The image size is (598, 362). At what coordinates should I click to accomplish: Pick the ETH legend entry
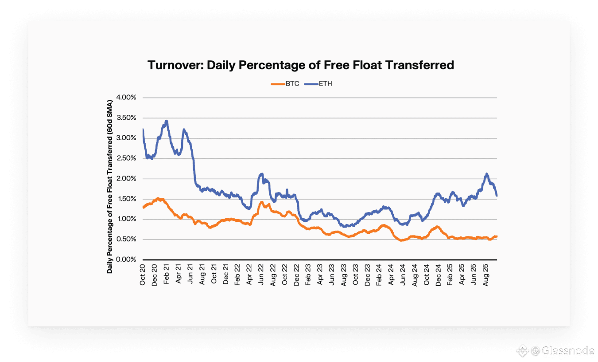(325, 83)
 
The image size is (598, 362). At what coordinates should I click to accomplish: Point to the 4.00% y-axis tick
(126, 98)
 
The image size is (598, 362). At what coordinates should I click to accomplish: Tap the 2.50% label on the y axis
(126, 158)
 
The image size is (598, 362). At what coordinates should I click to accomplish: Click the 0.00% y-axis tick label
(126, 260)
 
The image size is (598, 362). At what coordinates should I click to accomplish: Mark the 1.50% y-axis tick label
(126, 199)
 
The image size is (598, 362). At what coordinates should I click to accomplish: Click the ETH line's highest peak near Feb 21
(166, 121)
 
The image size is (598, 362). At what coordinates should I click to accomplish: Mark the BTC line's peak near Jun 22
(262, 202)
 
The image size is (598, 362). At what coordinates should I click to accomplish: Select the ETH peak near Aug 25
(487, 174)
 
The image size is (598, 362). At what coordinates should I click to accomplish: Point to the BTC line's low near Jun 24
(402, 240)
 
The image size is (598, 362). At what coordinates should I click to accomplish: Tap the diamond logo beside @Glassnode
(523, 351)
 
